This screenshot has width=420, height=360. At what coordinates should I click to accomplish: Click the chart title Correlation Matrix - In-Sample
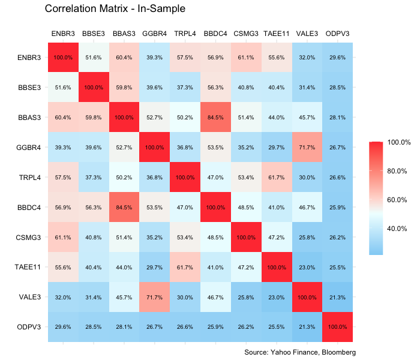pyautogui.click(x=115, y=9)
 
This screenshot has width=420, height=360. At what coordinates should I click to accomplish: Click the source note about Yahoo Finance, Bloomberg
pyautogui.click(x=301, y=352)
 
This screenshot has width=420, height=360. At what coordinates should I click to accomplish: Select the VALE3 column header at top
pyautogui.click(x=307, y=34)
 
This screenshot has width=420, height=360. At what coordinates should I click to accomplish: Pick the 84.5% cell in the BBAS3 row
pyautogui.click(x=215, y=118)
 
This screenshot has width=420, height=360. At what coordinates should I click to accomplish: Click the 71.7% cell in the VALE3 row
pyautogui.click(x=154, y=297)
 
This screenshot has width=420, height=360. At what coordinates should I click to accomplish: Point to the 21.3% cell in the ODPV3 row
pyautogui.click(x=307, y=327)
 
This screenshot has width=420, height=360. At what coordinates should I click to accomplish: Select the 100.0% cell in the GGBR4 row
pyautogui.click(x=154, y=148)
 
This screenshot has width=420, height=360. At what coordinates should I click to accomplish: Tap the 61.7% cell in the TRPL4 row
pyautogui.click(x=277, y=178)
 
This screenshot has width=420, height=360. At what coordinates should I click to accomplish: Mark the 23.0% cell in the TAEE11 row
pyautogui.click(x=307, y=267)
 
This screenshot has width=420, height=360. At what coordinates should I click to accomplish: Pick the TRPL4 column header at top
pyautogui.click(x=185, y=34)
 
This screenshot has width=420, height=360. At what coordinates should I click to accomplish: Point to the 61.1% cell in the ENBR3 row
pyautogui.click(x=246, y=58)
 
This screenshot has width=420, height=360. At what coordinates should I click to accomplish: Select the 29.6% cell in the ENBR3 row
pyautogui.click(x=338, y=58)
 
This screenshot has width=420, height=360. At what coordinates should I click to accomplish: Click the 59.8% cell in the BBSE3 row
pyautogui.click(x=124, y=88)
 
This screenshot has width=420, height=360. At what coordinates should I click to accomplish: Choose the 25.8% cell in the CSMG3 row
pyautogui.click(x=307, y=237)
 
